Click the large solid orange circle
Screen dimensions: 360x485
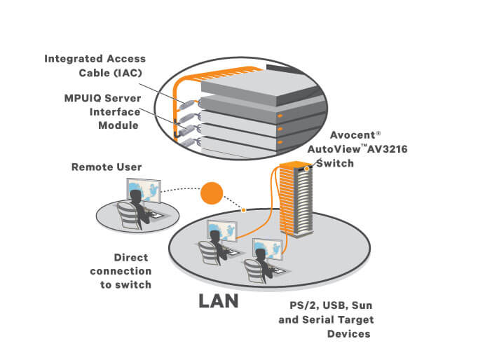tap(210, 193)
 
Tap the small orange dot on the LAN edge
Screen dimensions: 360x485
tap(243, 209)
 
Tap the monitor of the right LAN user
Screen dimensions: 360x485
tap(268, 250)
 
